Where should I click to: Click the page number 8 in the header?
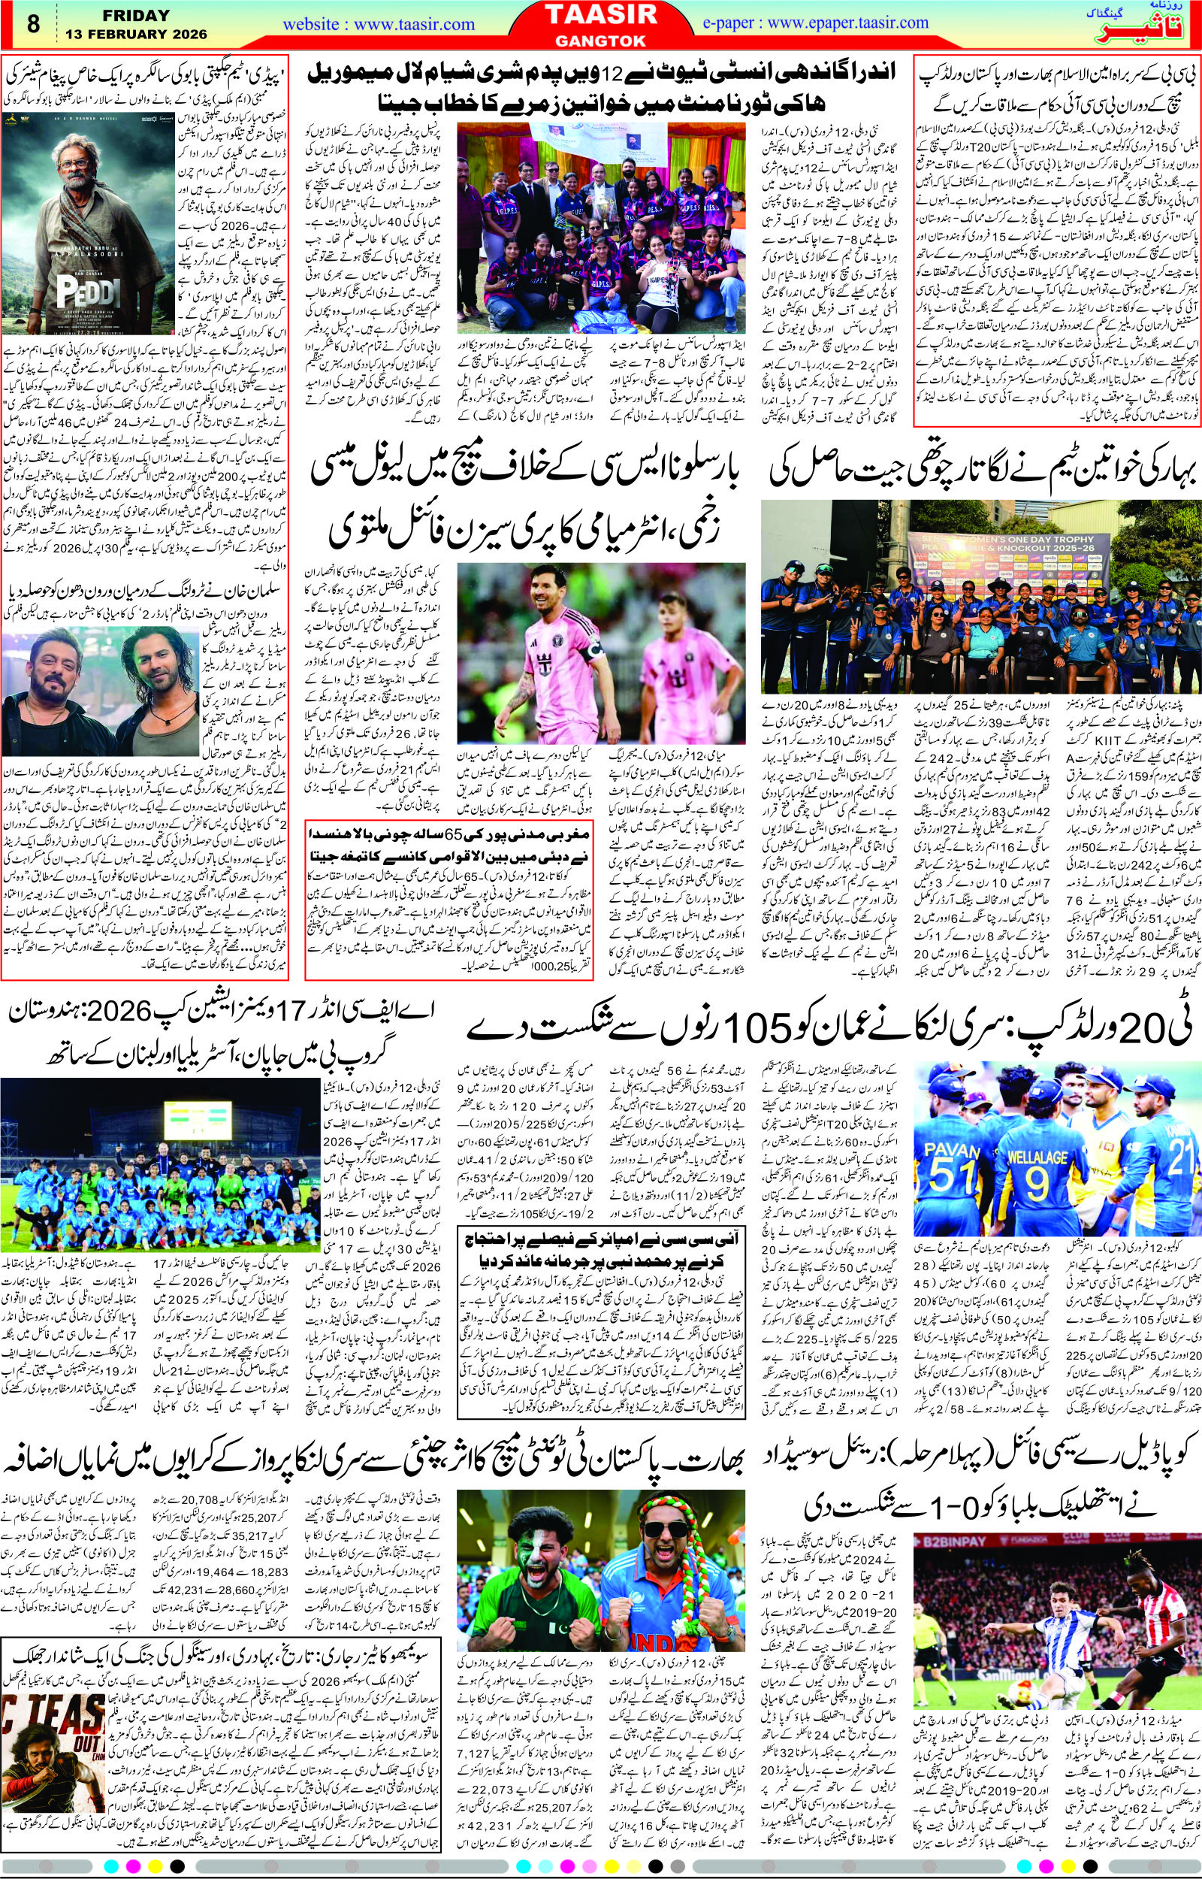(33, 23)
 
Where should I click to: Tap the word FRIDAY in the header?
(119, 15)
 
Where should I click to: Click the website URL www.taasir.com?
(379, 24)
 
